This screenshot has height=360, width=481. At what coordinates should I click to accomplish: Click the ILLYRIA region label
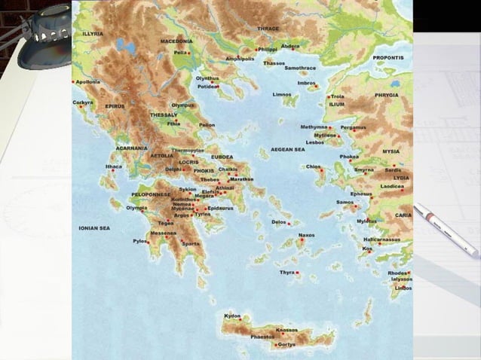click(93, 34)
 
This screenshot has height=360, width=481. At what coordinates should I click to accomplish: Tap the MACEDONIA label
click(176, 41)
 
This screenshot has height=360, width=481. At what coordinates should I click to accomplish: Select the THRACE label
click(268, 29)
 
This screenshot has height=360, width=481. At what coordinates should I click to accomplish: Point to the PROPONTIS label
click(388, 57)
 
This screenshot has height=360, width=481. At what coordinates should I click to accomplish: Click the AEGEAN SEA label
click(287, 149)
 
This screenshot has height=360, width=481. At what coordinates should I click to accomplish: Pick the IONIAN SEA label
click(94, 227)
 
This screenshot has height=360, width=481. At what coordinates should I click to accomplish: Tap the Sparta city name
click(191, 244)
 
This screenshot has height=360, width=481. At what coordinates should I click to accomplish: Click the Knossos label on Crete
click(287, 330)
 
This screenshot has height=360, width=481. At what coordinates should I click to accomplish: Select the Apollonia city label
click(87, 81)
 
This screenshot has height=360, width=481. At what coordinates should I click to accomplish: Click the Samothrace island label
click(300, 68)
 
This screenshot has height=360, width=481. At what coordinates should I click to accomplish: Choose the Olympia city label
click(136, 208)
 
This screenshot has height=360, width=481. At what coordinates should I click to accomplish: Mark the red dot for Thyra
click(298, 272)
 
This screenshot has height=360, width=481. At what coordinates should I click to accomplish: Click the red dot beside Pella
click(189, 53)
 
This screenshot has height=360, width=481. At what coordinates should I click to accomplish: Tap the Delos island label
click(278, 222)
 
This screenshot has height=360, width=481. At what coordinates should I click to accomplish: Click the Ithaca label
click(113, 166)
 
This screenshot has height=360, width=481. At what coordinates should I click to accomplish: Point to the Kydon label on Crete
click(232, 316)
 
